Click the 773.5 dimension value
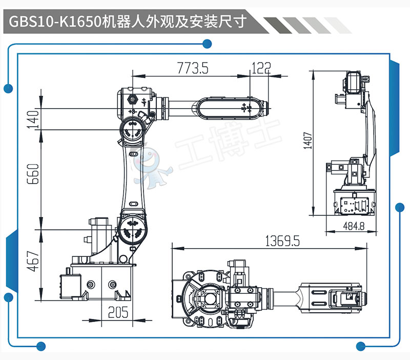click(192, 68)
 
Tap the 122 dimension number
click(261, 67)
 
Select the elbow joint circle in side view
click(132, 128)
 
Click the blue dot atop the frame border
click(207, 44)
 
